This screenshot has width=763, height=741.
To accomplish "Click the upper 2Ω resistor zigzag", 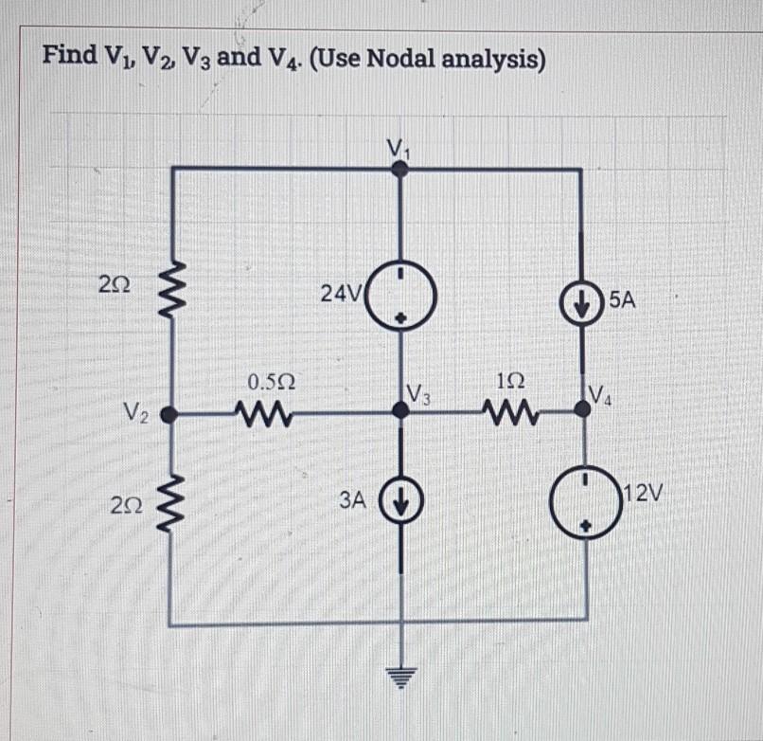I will click(170, 283).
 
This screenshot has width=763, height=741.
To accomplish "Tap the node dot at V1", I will click(401, 170).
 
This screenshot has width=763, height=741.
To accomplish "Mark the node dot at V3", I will click(401, 409).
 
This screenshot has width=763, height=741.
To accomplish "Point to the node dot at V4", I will click(582, 410).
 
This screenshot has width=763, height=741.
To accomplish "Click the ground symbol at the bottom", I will click(401, 677).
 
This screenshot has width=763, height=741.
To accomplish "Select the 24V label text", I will click(336, 293).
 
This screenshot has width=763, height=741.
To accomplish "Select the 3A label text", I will click(352, 499).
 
